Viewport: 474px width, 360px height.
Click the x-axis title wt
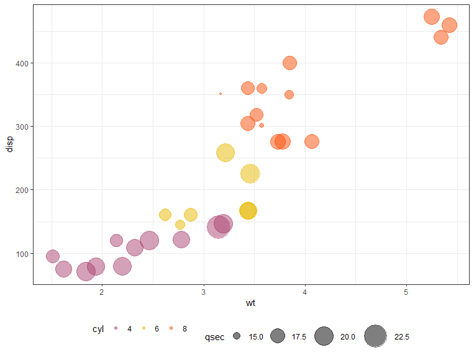click(x=250, y=304)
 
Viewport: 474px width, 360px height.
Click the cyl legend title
click(x=98, y=328)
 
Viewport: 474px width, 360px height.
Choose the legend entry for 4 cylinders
click(x=116, y=328)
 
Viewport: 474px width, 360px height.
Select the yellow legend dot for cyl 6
click(x=144, y=328)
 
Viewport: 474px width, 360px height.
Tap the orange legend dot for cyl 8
click(x=171, y=328)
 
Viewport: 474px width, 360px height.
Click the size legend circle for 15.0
click(x=237, y=336)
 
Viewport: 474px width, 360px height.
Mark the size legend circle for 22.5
click(x=375, y=336)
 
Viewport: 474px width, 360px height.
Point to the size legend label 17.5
click(x=299, y=337)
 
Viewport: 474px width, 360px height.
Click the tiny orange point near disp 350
click(x=221, y=94)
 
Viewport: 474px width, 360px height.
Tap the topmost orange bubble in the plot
click(x=432, y=17)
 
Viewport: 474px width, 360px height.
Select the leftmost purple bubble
click(x=53, y=256)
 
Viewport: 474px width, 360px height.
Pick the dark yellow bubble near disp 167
click(x=248, y=210)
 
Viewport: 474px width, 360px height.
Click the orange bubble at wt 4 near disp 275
click(x=312, y=142)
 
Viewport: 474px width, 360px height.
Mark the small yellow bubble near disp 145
click(x=180, y=225)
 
